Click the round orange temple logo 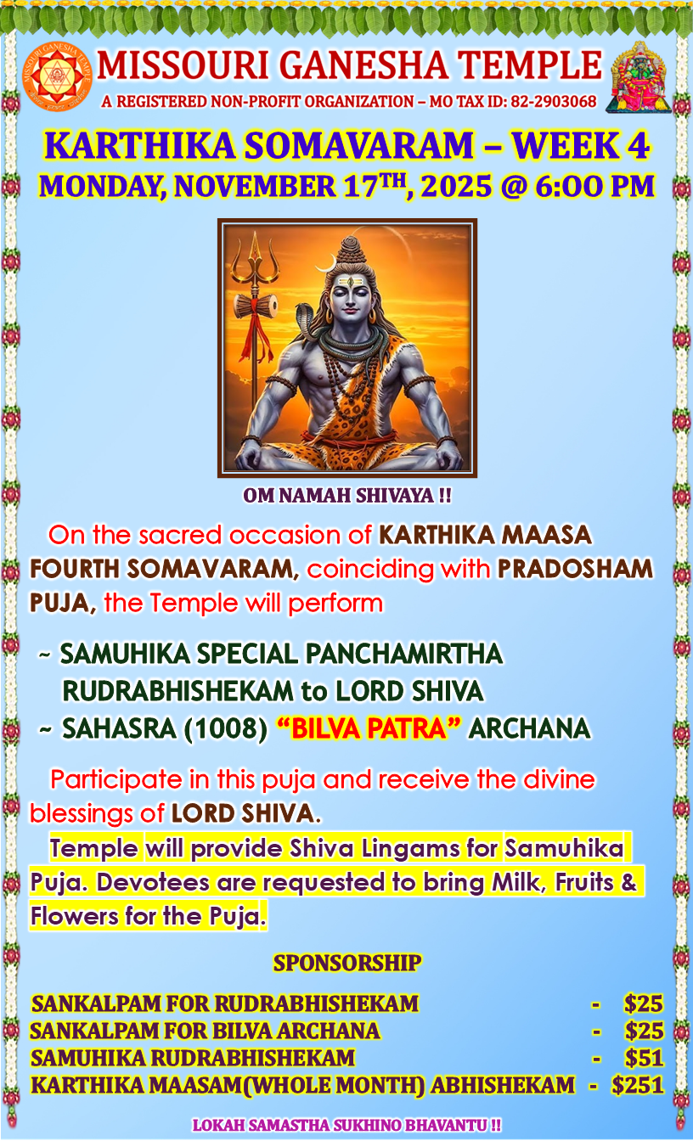(x=58, y=76)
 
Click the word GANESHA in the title (x=363, y=65)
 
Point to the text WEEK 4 (x=580, y=146)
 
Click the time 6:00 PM (x=594, y=187)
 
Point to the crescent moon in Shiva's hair (x=325, y=263)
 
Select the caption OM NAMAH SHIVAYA (x=346, y=495)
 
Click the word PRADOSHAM (x=575, y=569)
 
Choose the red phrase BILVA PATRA (x=369, y=728)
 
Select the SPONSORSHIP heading (x=347, y=963)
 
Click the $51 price (x=644, y=1058)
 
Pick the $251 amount (x=638, y=1085)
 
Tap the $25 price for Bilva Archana (x=644, y=1031)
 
